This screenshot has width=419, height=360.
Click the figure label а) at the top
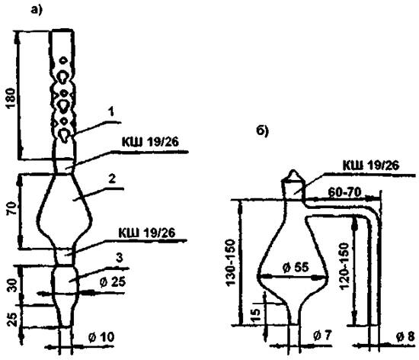click(x=37, y=10)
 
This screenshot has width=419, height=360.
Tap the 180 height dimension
click(x=11, y=98)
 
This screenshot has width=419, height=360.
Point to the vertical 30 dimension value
click(x=13, y=285)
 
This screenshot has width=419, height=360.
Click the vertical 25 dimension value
click(x=12, y=320)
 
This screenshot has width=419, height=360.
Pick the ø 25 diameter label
click(x=113, y=282)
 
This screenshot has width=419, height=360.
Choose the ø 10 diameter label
click(x=101, y=337)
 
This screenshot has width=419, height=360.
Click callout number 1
click(x=111, y=111)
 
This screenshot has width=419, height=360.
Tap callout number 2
click(x=112, y=178)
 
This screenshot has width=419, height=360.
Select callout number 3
click(x=119, y=258)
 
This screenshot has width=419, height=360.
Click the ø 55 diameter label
click(x=296, y=267)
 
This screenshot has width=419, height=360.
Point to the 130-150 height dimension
click(x=231, y=263)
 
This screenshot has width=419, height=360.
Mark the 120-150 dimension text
click(x=344, y=266)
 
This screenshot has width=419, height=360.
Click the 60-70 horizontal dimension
click(x=344, y=192)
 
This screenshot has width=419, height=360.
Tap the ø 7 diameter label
click(x=323, y=335)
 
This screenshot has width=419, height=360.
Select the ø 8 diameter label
click(x=405, y=337)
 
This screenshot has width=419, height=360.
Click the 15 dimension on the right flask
click(x=256, y=313)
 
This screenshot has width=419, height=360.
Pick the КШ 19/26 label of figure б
click(x=371, y=166)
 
